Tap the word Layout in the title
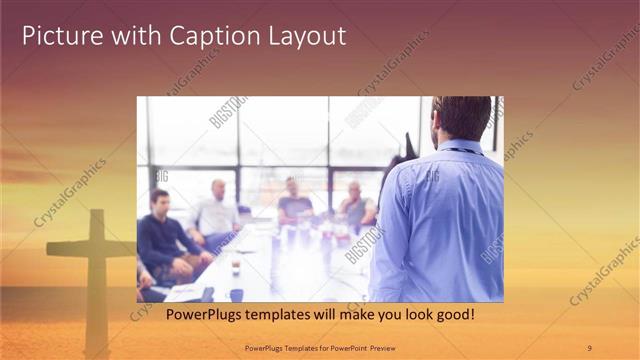pos(304,36)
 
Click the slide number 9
pos(589,348)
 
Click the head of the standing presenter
pos(462,118)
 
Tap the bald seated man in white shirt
pos(216,210)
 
